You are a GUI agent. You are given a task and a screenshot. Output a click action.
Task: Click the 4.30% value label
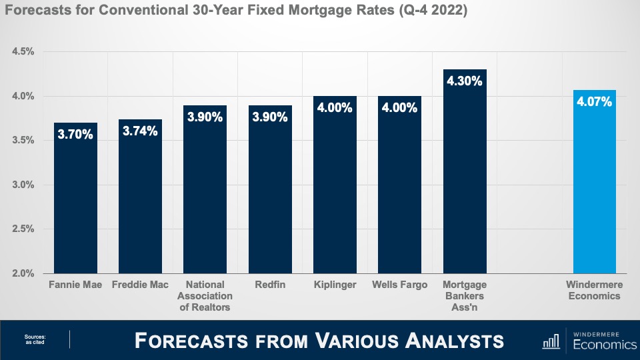[465, 81]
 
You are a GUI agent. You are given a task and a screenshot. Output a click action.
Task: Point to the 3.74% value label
[140, 131]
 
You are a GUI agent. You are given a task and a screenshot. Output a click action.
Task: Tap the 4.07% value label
[594, 102]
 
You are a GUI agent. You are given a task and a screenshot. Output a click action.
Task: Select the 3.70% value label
[75, 135]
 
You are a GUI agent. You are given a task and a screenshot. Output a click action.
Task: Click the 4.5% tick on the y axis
[23, 52]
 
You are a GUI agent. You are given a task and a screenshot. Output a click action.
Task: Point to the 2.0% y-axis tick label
[23, 273]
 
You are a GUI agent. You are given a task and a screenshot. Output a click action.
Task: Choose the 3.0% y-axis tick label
[23, 185]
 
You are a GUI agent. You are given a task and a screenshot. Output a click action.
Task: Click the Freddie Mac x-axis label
[140, 285]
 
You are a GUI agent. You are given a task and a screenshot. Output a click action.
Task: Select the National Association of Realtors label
[205, 296]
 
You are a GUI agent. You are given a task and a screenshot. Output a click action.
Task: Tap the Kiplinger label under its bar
[335, 285]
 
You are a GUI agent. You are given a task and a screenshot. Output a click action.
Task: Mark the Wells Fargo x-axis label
[400, 285]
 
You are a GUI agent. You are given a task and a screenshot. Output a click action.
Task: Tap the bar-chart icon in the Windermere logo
[551, 341]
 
